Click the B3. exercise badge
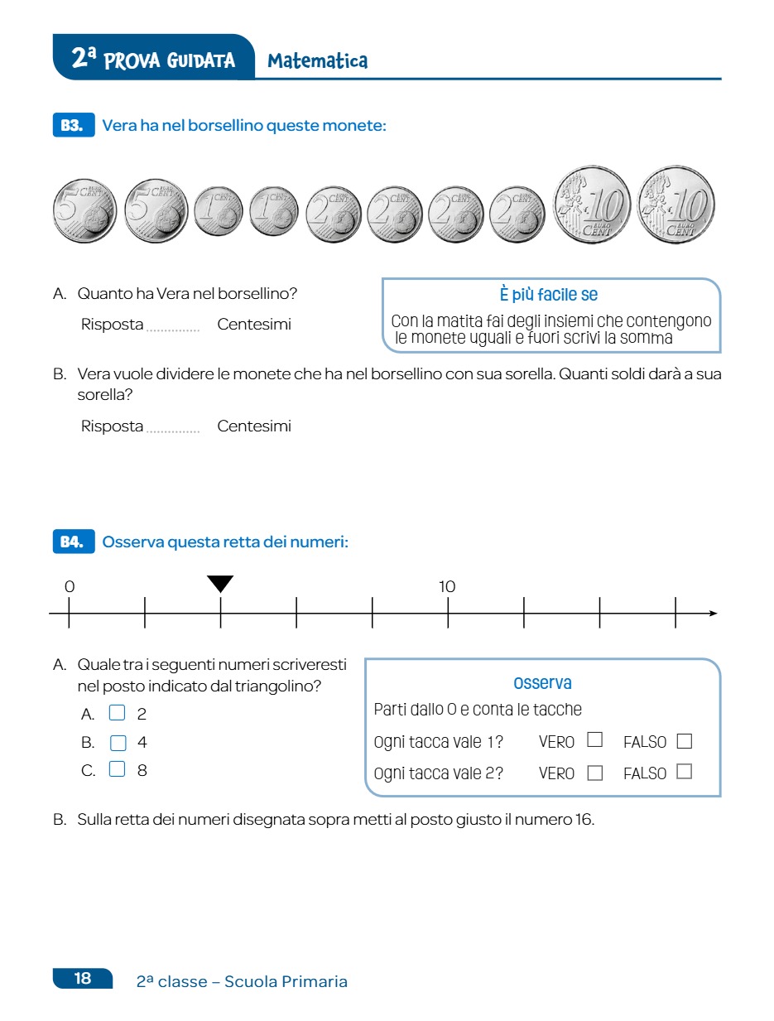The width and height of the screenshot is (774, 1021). tap(72, 126)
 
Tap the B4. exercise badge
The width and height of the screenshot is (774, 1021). tap(72, 542)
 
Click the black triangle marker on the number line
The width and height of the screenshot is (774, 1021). tap(220, 584)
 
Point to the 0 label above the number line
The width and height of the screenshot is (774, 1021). tap(70, 586)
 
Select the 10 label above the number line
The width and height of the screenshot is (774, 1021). tap(447, 586)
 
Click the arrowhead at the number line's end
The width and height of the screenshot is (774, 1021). tap(712, 614)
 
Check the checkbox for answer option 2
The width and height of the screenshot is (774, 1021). tap(118, 713)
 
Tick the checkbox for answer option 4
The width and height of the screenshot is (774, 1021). tap(118, 742)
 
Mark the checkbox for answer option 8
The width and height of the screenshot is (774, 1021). tap(118, 770)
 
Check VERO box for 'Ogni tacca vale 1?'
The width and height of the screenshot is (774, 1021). tap(594, 740)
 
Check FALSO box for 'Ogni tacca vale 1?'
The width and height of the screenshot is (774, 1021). tap(684, 741)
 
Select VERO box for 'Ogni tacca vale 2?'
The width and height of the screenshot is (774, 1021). tap(594, 773)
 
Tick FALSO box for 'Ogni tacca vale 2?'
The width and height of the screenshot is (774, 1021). tap(684, 772)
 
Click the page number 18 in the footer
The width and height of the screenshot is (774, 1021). tap(83, 979)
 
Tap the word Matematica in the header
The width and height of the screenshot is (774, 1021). tap(318, 60)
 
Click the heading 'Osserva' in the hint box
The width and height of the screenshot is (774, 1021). tap(542, 683)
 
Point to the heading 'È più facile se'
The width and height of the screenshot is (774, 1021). tap(548, 295)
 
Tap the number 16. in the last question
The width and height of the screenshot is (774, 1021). tap(584, 821)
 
